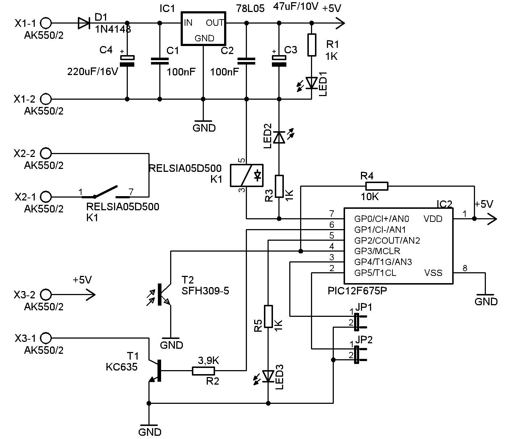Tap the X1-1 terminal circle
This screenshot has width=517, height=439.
coord(46,23)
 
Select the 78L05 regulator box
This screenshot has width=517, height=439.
coord(203,29)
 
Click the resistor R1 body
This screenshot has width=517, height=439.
coord(312,45)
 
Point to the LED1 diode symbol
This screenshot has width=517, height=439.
coord(312,83)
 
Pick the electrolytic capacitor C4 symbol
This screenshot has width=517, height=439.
coord(127,61)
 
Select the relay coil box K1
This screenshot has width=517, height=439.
coord(247,175)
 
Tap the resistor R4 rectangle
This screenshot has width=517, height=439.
coord(377,186)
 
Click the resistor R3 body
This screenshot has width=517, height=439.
coord(279,186)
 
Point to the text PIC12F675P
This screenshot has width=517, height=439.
coord(357,291)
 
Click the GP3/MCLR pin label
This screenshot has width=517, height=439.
coord(377,251)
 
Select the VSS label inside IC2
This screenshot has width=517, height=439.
coord(433,273)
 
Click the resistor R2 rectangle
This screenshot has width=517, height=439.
coord(203,371)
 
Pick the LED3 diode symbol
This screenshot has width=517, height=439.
coord(268,376)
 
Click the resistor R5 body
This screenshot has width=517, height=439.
coord(268,316)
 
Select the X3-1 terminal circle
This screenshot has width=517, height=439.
coord(46,338)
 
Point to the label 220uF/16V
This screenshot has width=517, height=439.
coord(93,72)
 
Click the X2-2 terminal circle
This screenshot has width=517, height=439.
coord(46,153)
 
